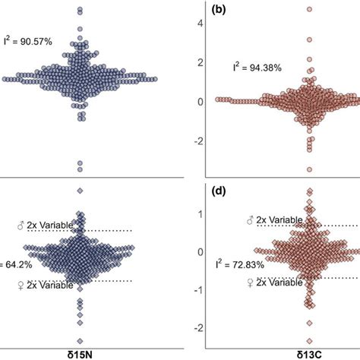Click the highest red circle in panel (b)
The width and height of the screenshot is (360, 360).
[x=309, y=10]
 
